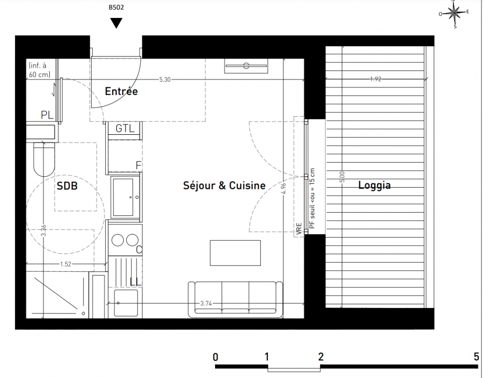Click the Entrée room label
(x=121, y=91)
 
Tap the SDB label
(x=67, y=186)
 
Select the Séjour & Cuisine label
(x=224, y=186)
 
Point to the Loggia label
(x=375, y=185)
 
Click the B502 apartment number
(x=116, y=8)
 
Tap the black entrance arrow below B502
(x=116, y=23)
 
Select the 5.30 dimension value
(x=165, y=79)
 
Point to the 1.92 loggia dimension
(x=376, y=79)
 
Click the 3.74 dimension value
(x=206, y=303)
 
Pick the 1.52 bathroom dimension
(x=66, y=264)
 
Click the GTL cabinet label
(x=125, y=129)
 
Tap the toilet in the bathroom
(x=44, y=159)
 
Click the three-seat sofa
(x=235, y=300)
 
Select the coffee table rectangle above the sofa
(x=235, y=253)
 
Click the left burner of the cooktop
(x=118, y=240)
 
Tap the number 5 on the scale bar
(x=476, y=357)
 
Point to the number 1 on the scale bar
(x=267, y=357)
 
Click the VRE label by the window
(x=299, y=229)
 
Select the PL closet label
(x=47, y=115)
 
